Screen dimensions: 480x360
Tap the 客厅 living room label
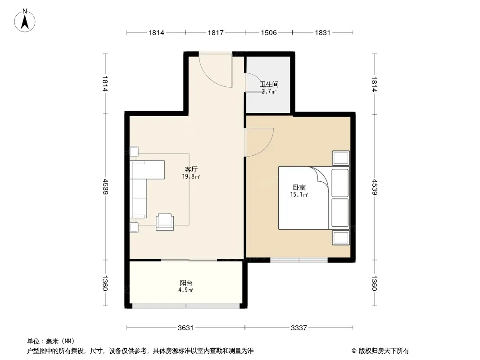click(191, 169)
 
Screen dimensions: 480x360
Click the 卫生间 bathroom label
click(269, 84)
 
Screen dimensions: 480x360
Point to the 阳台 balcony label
click(186, 283)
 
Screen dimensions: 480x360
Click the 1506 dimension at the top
click(269, 32)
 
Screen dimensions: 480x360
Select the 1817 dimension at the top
click(216, 32)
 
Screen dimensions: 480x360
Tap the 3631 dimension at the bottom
click(186, 328)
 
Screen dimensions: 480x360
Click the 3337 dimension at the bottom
click(299, 328)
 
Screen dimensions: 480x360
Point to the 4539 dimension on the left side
click(105, 187)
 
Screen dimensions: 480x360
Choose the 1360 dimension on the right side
click(374, 283)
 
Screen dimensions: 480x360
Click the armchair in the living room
click(165, 222)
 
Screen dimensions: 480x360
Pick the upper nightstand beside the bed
click(341, 158)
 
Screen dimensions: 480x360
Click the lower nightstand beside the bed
click(341, 237)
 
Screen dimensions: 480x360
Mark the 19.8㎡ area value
click(191, 176)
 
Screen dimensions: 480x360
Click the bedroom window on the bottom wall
click(299, 260)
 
